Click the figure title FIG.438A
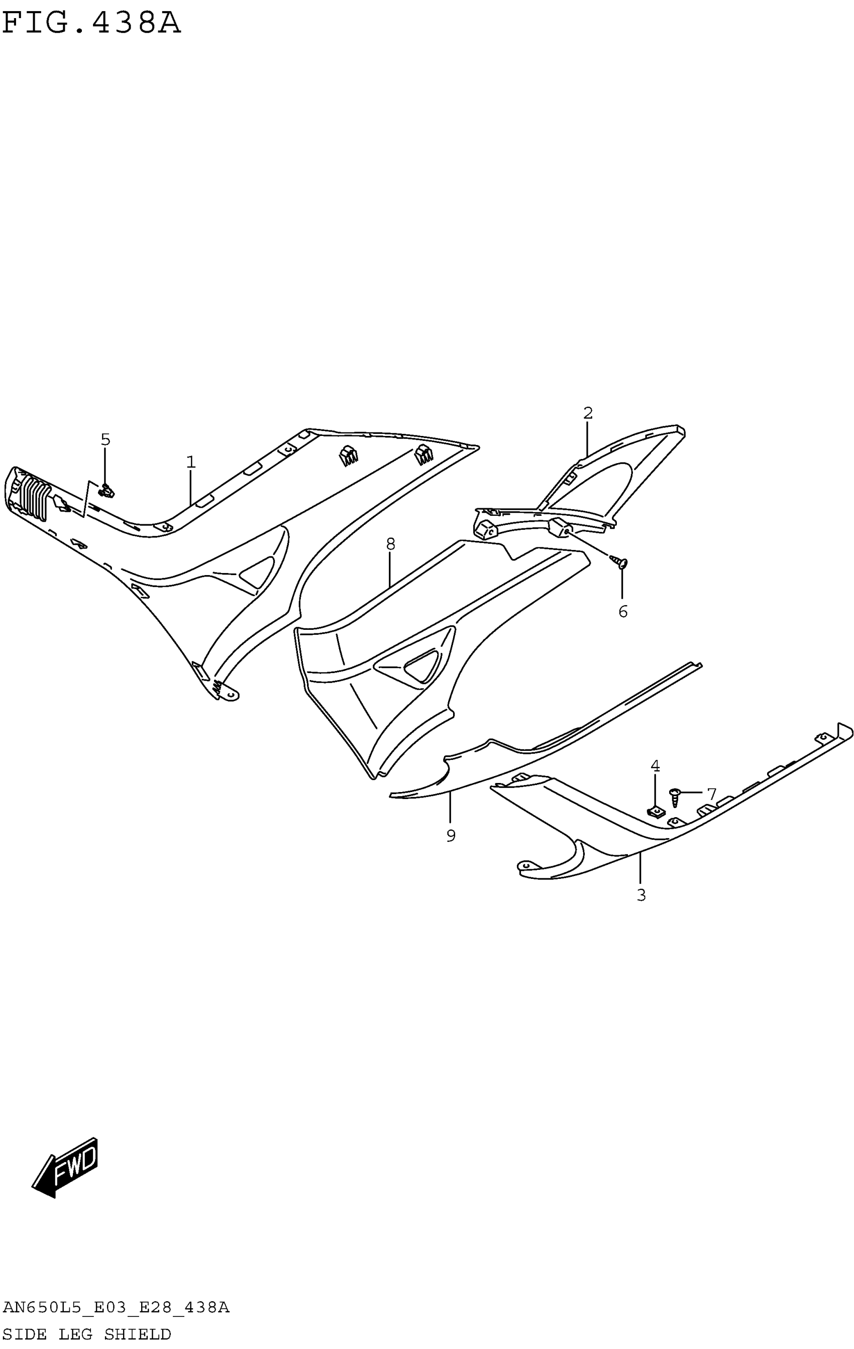point(91,24)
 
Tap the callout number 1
point(190,462)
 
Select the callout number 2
point(587,413)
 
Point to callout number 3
point(641,894)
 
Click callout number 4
point(655,766)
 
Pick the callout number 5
point(105,440)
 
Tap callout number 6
point(622,611)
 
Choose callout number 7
point(711,794)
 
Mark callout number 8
point(390,543)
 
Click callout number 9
point(451,835)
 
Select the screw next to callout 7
point(675,796)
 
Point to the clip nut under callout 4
point(656,811)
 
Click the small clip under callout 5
point(106,491)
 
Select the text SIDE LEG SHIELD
point(87,1334)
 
